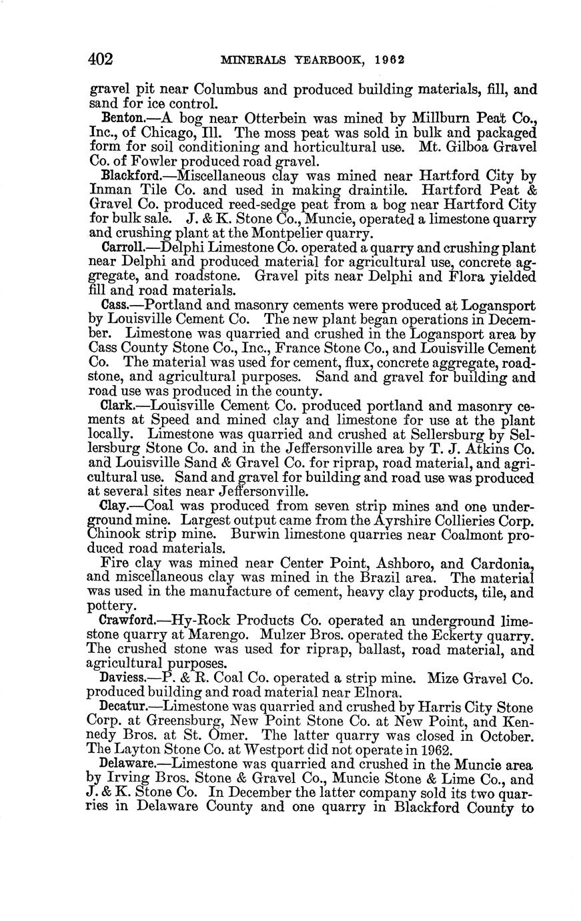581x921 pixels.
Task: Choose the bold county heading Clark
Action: click(115, 405)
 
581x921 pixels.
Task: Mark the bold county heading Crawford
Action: click(125, 620)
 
